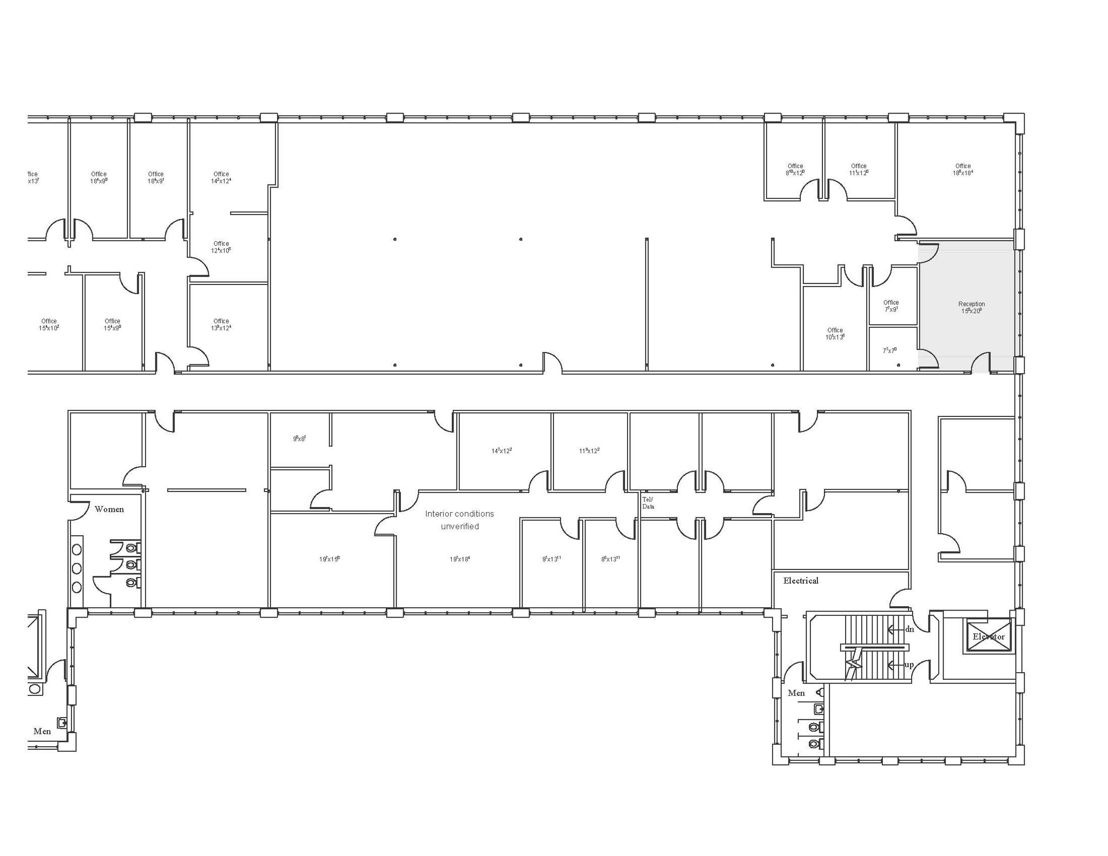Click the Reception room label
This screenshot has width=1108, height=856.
(971, 307)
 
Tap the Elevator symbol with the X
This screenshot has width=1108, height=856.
(988, 636)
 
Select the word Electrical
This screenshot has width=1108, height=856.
(801, 581)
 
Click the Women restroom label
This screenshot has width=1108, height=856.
(109, 509)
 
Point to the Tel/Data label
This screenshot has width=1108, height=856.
(648, 503)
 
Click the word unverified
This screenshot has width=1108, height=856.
(459, 526)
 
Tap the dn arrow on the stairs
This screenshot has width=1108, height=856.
(901, 629)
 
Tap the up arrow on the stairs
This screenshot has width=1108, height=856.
(901, 665)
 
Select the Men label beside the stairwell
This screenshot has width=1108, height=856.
(796, 693)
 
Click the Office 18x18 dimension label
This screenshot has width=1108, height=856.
(963, 170)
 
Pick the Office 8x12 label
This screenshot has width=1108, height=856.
(795, 170)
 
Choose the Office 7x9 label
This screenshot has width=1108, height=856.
(891, 306)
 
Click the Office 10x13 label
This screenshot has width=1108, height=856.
(835, 334)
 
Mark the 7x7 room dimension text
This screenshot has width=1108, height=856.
(889, 350)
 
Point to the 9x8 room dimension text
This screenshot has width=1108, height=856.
(299, 439)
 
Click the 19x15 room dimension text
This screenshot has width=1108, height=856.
(329, 559)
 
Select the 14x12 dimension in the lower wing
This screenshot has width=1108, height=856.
(502, 450)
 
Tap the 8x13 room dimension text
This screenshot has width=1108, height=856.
(610, 559)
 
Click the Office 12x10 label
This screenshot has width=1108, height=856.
(221, 247)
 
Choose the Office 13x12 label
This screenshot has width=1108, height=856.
(221, 324)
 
